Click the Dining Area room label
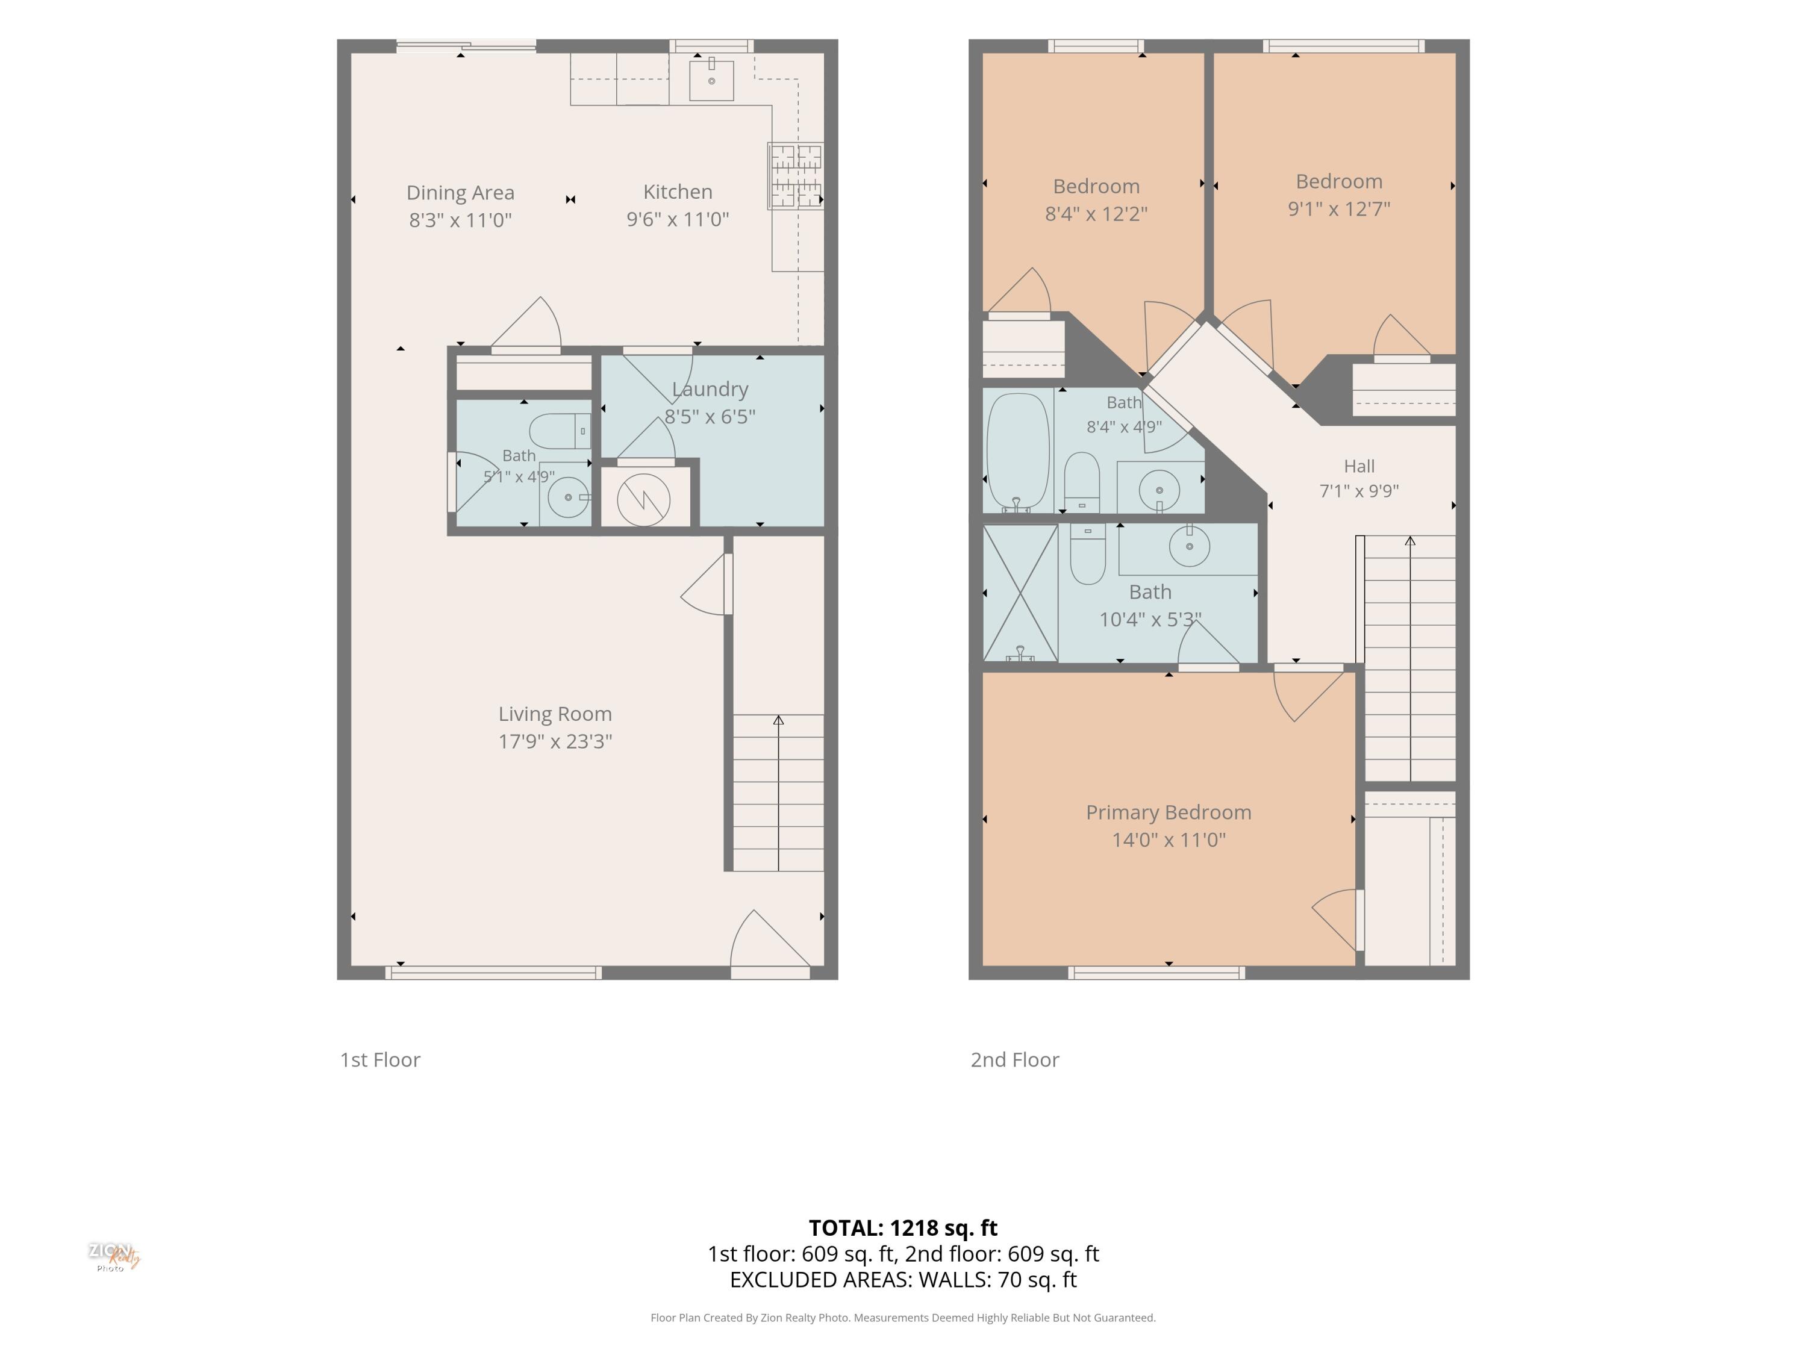pyautogui.click(x=460, y=193)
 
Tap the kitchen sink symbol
pyautogui.click(x=711, y=80)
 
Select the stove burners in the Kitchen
pyautogui.click(x=795, y=176)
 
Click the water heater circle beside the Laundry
pyautogui.click(x=644, y=500)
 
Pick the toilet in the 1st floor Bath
pyautogui.click(x=560, y=431)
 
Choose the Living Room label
pyautogui.click(x=555, y=714)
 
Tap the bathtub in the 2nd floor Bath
pyautogui.click(x=1018, y=452)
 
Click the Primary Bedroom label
pyautogui.click(x=1168, y=812)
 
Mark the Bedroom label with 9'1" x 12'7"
pyautogui.click(x=1339, y=181)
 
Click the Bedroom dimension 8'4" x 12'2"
pyautogui.click(x=1096, y=214)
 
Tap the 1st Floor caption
pyautogui.click(x=380, y=1059)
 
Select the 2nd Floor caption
pyautogui.click(x=1014, y=1059)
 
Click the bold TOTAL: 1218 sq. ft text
pyautogui.click(x=903, y=1227)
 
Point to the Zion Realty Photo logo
pyautogui.click(x=114, y=1257)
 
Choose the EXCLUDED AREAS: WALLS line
pyautogui.click(x=903, y=1280)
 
